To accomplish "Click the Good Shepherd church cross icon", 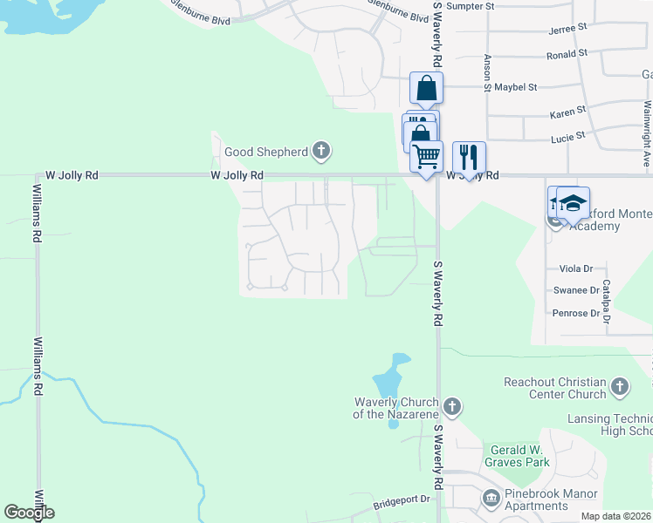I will point(321,152).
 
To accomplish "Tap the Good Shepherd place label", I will point(266,152).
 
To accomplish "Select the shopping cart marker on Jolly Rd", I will point(426,157).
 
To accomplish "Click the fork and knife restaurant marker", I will point(469,158).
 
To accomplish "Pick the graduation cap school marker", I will point(573,204).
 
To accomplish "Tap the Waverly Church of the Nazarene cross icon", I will point(451,406).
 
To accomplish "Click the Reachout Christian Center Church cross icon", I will point(620,385).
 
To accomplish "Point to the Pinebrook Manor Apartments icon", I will point(490,498).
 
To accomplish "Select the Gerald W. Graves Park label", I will point(519,456).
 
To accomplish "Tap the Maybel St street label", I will point(515,87).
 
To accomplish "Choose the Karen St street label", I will point(567,114).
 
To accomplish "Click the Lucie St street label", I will point(567,138).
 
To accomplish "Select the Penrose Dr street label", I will point(575,313).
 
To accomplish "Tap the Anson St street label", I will point(487,72).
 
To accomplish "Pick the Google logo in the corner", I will point(29,513).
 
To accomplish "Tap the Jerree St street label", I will point(567,29).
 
